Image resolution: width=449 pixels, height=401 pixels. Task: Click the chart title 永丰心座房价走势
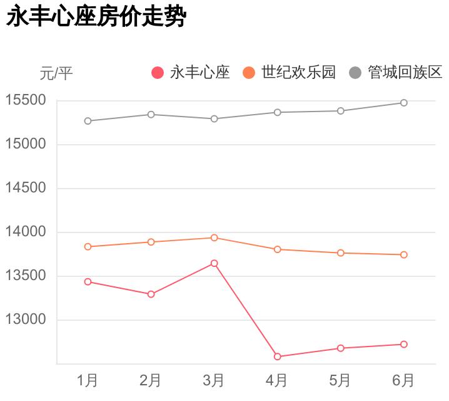coord(96,17)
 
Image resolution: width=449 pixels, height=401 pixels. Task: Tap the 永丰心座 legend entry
coord(191,73)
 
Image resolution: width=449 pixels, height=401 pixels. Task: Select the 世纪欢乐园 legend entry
coord(289,73)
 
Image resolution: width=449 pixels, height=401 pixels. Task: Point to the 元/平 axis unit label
coord(56,74)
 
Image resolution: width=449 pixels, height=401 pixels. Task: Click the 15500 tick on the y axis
coord(26,101)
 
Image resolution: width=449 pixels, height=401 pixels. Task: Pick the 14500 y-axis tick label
coord(26,189)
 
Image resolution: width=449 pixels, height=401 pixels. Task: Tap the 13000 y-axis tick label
coord(26,320)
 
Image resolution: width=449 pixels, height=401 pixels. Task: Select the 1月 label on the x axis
coord(88,380)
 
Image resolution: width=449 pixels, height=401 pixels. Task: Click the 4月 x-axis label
coord(277,380)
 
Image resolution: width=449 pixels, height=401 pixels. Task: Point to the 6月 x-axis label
coord(403,380)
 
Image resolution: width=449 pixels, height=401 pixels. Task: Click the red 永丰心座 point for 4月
coord(277,357)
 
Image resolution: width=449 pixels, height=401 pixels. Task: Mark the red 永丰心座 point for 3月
coord(214,263)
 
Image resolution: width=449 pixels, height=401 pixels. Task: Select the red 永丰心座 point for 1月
coord(88,282)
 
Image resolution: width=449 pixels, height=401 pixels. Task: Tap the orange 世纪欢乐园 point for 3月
coord(214,237)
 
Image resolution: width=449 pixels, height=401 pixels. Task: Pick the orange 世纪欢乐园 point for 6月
coord(404,254)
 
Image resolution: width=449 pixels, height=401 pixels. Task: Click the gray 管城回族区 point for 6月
coord(404,103)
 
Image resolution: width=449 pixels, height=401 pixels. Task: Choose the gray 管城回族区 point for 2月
coord(151,115)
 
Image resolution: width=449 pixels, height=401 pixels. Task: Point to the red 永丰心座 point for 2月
coord(151,294)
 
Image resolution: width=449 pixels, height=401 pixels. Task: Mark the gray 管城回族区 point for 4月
coord(277,112)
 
